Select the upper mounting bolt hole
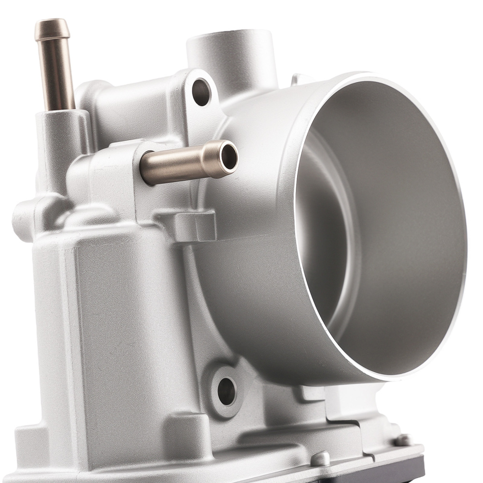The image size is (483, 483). pos(200,91)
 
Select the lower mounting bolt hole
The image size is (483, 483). pos(227,390)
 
